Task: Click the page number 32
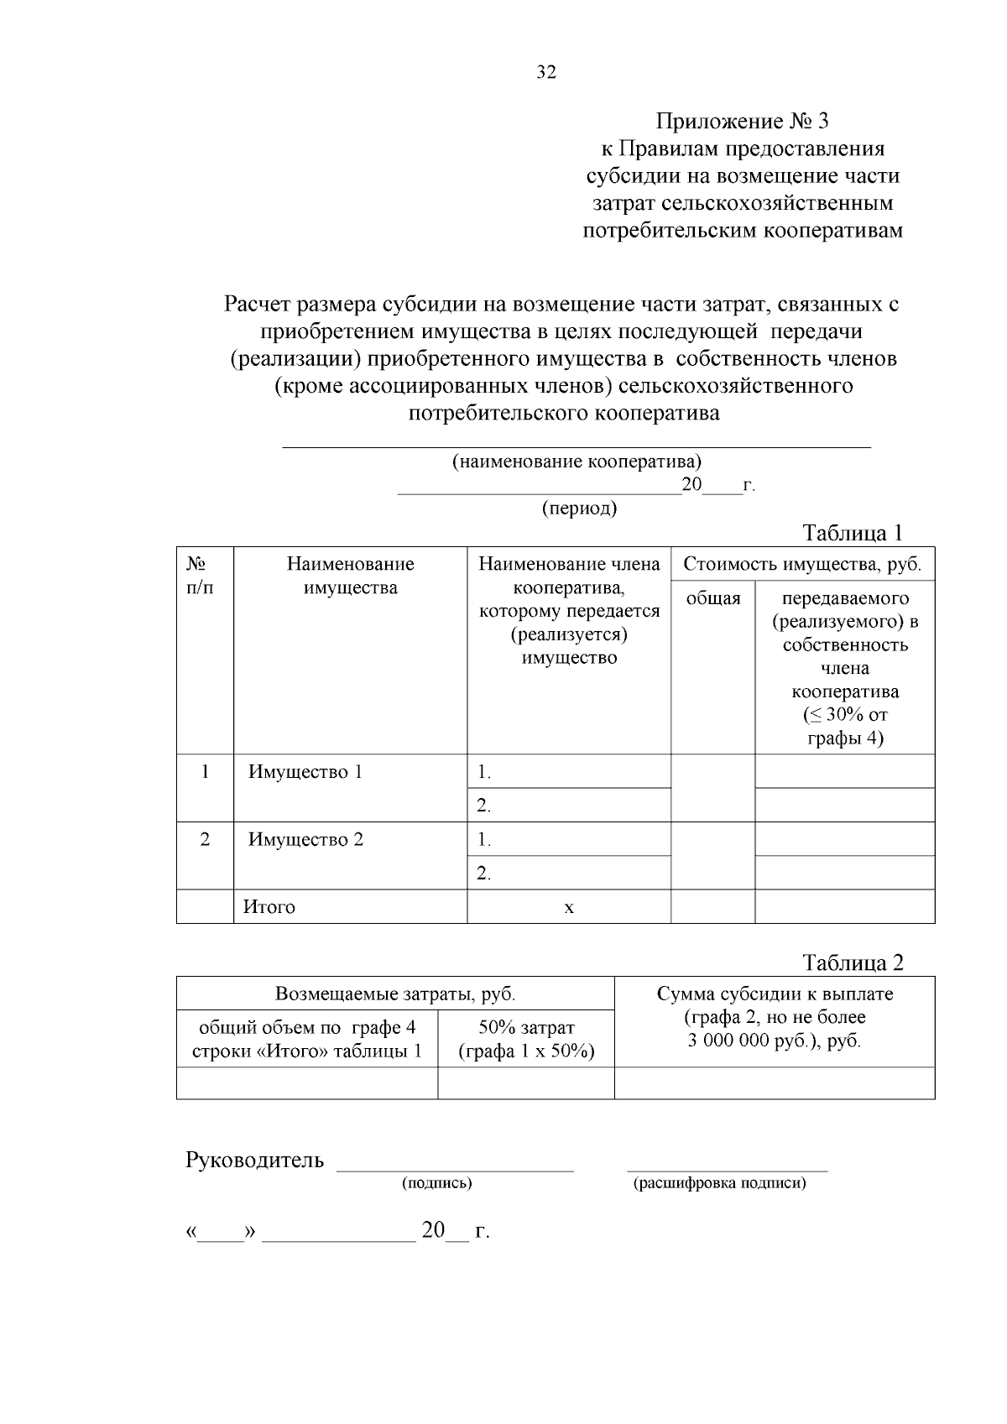pos(546,73)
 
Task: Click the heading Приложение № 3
pos(742,122)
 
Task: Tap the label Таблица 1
pos(852,533)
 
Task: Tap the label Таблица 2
pos(853,962)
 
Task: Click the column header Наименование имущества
pos(350,576)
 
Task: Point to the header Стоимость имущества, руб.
pos(801,564)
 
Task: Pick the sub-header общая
pos(713,598)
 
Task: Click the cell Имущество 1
pos(305,772)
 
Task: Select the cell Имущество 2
pos(305,840)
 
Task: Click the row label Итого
pos(269,907)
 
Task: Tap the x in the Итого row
pos(569,907)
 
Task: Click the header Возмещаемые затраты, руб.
pos(395,994)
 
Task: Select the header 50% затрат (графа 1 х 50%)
pos(526,1040)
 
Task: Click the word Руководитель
pos(254,1161)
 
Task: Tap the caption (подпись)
pos(437,1183)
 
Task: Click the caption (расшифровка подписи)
pos(719,1183)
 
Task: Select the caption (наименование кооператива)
pos(577,462)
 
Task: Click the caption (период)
pos(579,509)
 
